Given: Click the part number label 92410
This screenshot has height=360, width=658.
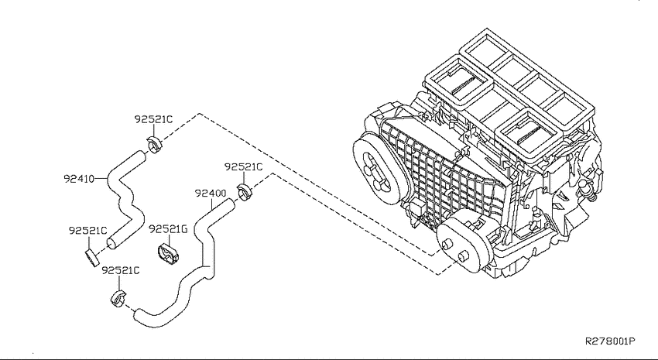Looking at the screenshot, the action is click(78, 179).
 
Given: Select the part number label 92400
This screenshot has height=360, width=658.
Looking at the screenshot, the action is click(211, 194).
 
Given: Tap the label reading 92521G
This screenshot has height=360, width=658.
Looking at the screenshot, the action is click(168, 229).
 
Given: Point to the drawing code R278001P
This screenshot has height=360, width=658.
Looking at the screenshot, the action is click(610, 341).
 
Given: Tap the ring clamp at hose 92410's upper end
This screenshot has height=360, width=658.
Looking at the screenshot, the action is click(155, 145).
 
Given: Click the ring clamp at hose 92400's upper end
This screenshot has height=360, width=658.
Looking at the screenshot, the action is click(244, 192).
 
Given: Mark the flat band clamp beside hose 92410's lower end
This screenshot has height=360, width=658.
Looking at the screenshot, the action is click(91, 257).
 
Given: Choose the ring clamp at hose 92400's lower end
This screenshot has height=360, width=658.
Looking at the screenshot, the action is click(118, 298).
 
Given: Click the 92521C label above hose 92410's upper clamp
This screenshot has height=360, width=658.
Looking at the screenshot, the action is click(153, 119).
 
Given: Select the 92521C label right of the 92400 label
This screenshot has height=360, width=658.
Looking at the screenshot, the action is click(243, 167).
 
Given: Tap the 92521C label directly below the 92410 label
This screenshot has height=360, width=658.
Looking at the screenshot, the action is click(88, 231).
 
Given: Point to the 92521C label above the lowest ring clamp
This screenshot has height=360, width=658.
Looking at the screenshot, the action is click(121, 271).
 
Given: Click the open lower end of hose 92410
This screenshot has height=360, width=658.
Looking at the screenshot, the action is click(111, 244).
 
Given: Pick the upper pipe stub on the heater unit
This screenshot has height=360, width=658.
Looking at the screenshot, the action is click(447, 245).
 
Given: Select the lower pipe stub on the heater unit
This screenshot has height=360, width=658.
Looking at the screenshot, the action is click(463, 255).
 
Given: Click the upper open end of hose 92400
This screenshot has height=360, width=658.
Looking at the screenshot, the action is click(229, 204).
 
